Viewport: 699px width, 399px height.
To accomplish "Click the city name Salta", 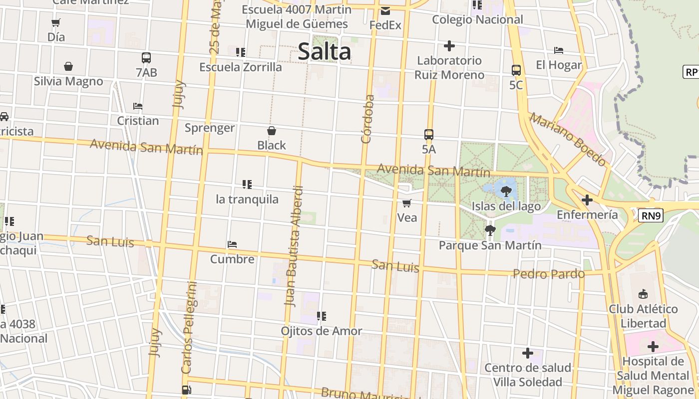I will [x=324, y=52].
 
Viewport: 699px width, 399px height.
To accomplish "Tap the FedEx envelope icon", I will [x=385, y=11].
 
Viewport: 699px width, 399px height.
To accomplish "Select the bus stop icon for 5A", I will [x=428, y=135].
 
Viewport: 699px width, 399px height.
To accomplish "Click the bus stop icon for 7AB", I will [x=146, y=58].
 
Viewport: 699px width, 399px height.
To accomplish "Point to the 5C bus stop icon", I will [x=516, y=70].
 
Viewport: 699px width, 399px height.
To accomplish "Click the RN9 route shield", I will [x=651, y=215].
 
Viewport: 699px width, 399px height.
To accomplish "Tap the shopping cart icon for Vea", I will [x=407, y=203].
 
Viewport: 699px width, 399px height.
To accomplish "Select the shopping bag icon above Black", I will [x=272, y=131].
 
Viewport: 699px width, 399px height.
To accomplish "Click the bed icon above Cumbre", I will [x=232, y=244].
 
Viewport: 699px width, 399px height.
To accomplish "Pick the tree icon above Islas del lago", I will [x=506, y=191].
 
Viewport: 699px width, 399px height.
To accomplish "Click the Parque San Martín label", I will [x=490, y=245].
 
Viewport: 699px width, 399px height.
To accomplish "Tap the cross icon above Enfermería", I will [x=587, y=200].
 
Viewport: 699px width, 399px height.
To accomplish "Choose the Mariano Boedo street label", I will [x=568, y=139].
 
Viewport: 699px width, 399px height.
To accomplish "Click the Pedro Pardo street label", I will [x=548, y=274].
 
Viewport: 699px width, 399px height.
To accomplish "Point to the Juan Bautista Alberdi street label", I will [x=293, y=246].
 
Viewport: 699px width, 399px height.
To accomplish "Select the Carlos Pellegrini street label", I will [x=189, y=328].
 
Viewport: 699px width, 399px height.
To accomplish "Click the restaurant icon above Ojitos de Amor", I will [x=322, y=316].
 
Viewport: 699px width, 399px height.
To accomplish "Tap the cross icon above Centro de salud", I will [x=527, y=353].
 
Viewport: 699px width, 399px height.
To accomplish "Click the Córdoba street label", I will [x=367, y=119].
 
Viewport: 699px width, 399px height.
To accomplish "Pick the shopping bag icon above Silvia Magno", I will [x=68, y=66].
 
